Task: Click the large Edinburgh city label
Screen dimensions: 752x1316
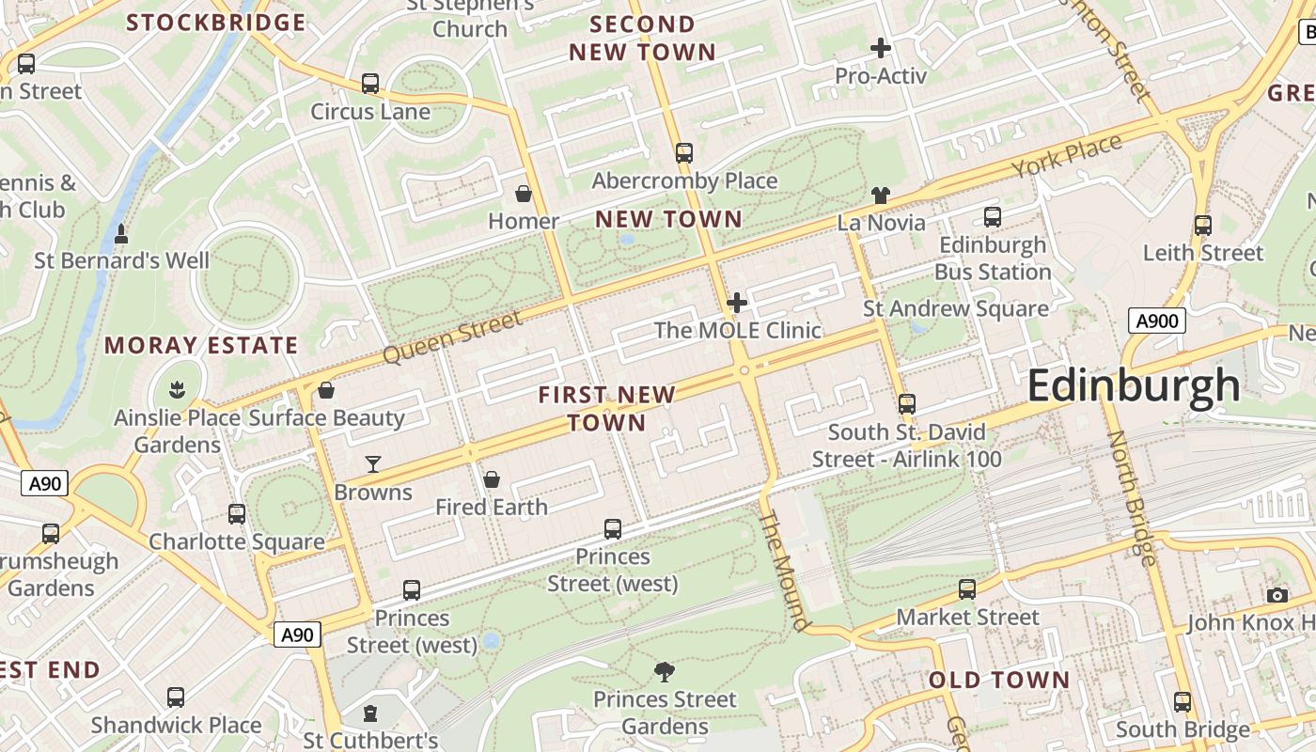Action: (x=1134, y=386)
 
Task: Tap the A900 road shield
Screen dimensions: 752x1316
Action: (x=1156, y=321)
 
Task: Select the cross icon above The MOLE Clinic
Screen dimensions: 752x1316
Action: (x=737, y=303)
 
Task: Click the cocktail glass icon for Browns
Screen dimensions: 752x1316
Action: (x=373, y=463)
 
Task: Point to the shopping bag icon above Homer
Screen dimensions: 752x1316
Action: (x=524, y=194)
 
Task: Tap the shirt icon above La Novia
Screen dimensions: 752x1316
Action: (x=880, y=196)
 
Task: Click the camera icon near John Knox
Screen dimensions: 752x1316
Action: (x=1277, y=595)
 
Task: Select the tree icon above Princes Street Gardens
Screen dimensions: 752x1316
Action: (x=665, y=671)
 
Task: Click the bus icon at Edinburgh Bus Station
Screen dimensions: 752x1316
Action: (x=992, y=217)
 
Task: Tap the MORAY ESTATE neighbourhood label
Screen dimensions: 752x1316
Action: (x=201, y=345)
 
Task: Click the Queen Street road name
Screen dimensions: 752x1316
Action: (x=453, y=338)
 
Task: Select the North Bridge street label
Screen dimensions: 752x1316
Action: (x=1130, y=498)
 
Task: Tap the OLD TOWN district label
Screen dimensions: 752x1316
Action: (x=998, y=680)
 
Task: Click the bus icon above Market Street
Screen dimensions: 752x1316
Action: (x=967, y=589)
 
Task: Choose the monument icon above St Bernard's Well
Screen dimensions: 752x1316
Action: (x=121, y=233)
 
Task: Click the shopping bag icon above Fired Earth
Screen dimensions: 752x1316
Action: (x=491, y=480)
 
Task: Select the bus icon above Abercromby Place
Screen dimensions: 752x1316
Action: (x=684, y=152)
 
